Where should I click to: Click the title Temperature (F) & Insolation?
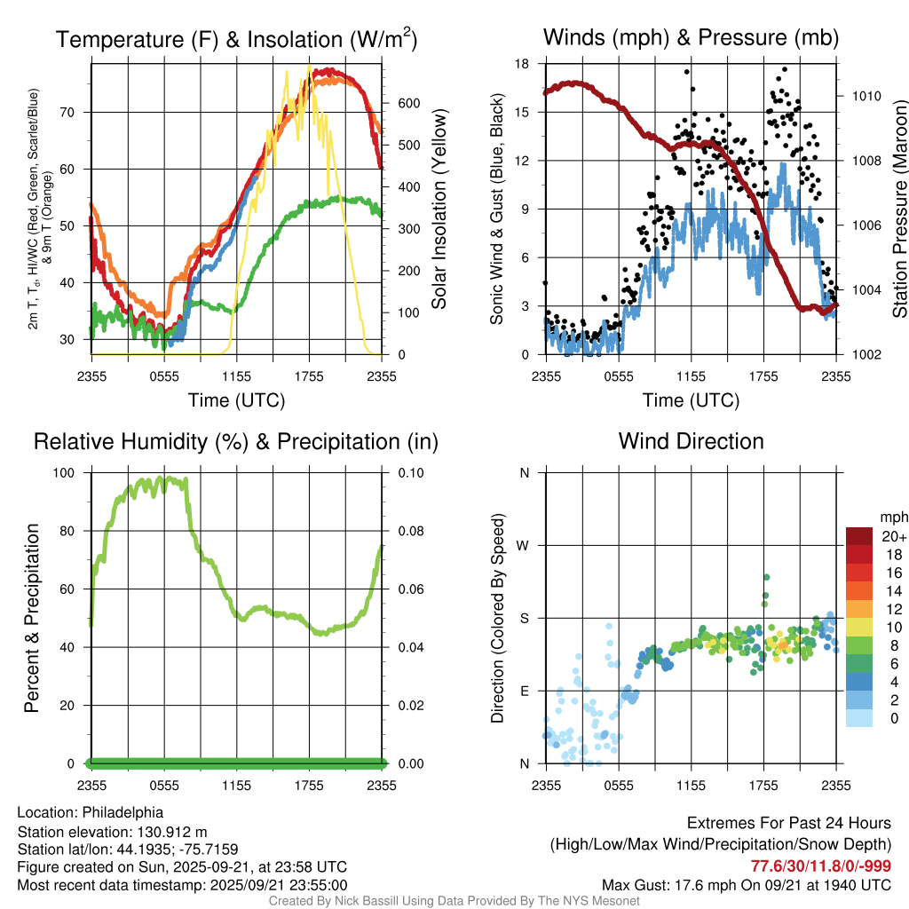coord(236,40)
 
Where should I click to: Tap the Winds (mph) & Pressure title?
coord(691,37)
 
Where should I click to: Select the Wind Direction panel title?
coord(691,441)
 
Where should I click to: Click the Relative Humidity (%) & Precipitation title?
coord(236,441)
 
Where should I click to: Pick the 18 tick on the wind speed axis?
coord(523,64)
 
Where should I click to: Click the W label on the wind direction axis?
coord(524,545)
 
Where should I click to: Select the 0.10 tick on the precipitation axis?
coord(403,472)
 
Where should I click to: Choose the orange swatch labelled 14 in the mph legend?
coord(859,590)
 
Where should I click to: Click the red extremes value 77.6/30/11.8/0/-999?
coord(821,866)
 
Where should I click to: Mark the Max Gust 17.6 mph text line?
coord(747,884)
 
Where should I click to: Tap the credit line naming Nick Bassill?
coord(454,901)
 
